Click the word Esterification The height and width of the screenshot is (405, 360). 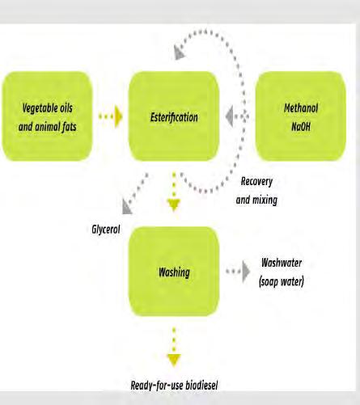click(x=174, y=117)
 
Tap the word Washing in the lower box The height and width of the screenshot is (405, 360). click(x=174, y=272)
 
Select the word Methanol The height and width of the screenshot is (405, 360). click(x=301, y=108)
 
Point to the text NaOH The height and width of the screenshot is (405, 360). click(x=301, y=126)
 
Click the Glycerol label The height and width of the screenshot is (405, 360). click(x=106, y=230)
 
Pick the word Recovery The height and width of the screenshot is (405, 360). click(x=256, y=181)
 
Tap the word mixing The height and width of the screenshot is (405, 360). click(x=265, y=200)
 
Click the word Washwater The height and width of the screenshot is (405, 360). click(x=282, y=263)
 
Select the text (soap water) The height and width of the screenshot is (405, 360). click(x=282, y=281)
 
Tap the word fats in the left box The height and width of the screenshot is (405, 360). click(x=70, y=127)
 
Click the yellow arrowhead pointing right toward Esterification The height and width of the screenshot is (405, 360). click(x=118, y=116)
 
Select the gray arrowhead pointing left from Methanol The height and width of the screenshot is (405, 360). click(x=230, y=116)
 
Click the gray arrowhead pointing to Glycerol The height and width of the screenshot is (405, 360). click(x=126, y=208)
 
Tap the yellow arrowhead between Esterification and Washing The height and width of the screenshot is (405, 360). click(x=174, y=205)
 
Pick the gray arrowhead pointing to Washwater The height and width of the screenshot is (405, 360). click(x=246, y=272)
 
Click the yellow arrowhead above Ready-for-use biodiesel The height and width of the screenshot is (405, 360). click(x=174, y=361)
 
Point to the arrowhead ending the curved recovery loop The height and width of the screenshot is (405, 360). click(x=179, y=53)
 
